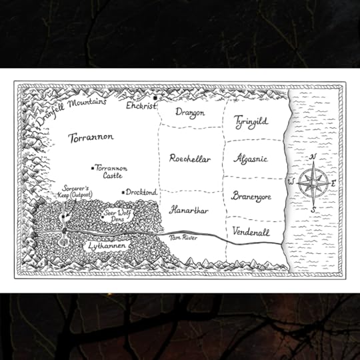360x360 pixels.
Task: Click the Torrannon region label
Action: tap(91, 137)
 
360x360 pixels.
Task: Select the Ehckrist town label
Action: tap(139, 105)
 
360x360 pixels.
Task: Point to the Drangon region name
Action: tap(190, 113)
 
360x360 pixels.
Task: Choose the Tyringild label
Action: tap(251, 122)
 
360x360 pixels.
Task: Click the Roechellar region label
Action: tap(190, 159)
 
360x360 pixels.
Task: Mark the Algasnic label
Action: tap(251, 159)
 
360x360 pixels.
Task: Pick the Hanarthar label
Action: tap(189, 210)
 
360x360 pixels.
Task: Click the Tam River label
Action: tap(184, 237)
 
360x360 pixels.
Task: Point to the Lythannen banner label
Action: tap(107, 245)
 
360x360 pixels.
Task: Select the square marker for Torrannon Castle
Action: tap(92, 168)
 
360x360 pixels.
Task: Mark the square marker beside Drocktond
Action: tap(123, 192)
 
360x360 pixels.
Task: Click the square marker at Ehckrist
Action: tap(154, 99)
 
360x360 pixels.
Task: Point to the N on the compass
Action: tap(314, 157)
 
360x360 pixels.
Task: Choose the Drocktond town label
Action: tap(141, 192)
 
